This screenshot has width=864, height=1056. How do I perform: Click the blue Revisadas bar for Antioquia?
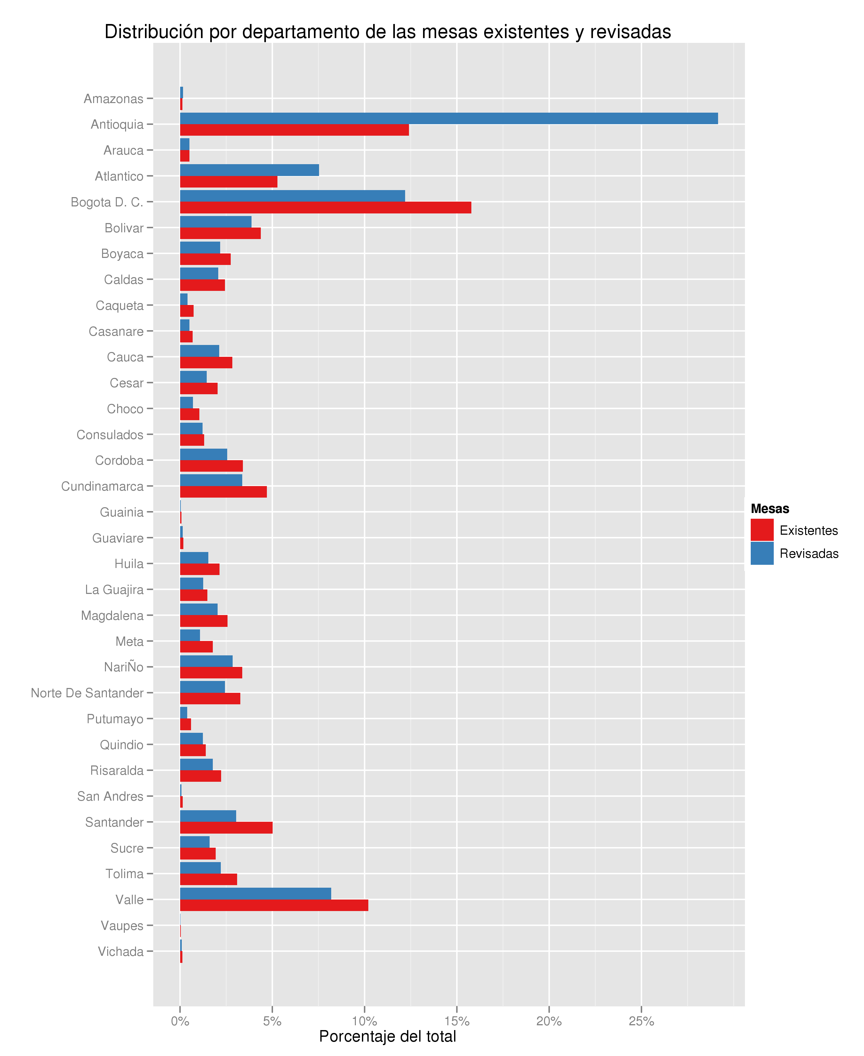coord(448,118)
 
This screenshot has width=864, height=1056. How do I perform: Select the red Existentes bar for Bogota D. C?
coord(325,207)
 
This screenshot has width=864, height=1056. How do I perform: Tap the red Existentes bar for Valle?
coord(274,905)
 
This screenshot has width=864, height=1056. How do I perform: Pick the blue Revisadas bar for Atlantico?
coord(249,170)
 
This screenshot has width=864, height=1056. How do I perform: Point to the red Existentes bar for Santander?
coord(226,828)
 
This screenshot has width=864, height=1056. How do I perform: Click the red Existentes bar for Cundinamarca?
coord(223,492)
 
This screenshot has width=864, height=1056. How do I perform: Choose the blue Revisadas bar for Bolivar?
coord(215,222)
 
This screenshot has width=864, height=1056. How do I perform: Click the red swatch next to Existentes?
coord(762,530)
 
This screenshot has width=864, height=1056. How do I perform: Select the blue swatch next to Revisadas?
coord(762,553)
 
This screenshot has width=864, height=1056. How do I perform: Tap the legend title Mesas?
coord(769,508)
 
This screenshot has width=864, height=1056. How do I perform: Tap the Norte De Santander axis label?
coord(87,693)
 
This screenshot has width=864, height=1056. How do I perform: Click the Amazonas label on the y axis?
coord(114,99)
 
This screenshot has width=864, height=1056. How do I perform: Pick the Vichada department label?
coord(120,951)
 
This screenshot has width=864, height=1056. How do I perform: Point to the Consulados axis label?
coord(110,435)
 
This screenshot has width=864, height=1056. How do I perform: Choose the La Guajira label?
coord(114,590)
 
